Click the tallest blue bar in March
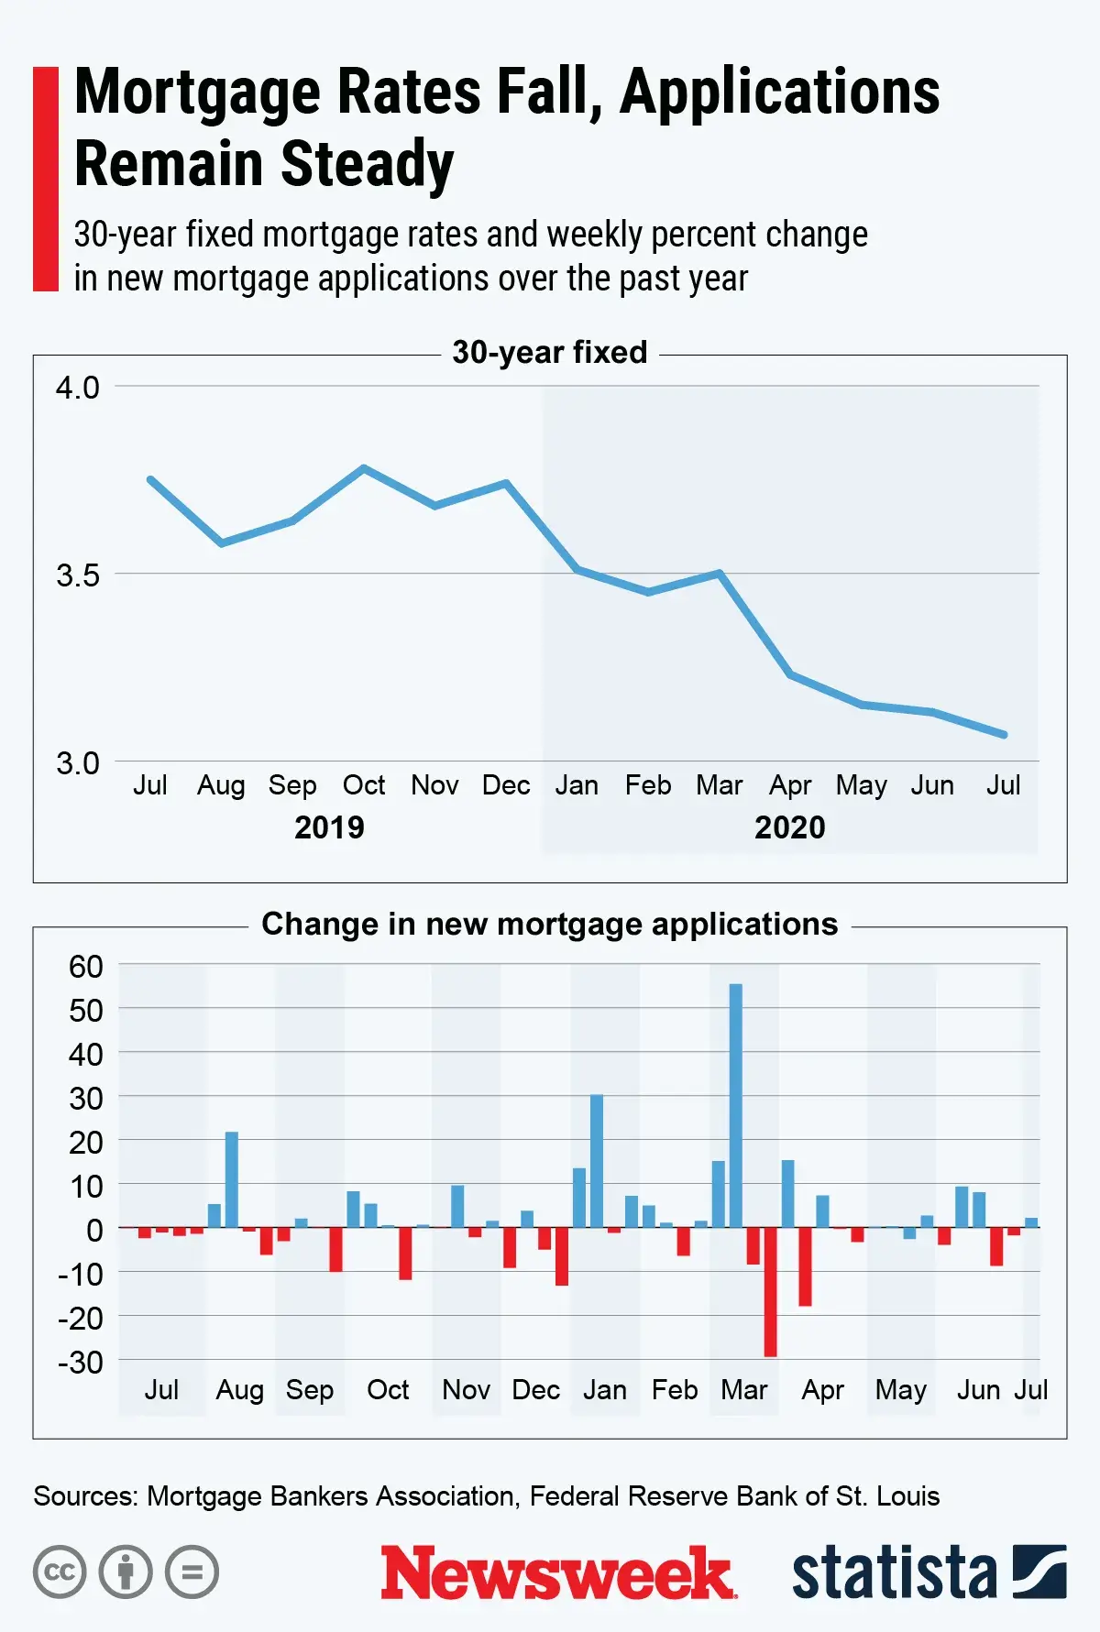(x=735, y=1104)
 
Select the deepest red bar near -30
(x=770, y=1292)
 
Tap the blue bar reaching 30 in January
(x=597, y=1161)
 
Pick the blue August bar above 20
(x=232, y=1179)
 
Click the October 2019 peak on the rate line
(x=364, y=468)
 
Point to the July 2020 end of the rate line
(x=1005, y=735)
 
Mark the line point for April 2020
(x=790, y=675)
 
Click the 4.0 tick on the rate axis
(x=78, y=388)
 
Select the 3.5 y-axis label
(x=78, y=575)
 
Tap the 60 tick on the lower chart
(x=86, y=967)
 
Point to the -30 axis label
(x=81, y=1363)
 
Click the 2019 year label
(x=329, y=827)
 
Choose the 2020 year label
(x=789, y=827)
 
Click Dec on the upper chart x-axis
(x=506, y=785)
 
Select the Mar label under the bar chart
(x=743, y=1390)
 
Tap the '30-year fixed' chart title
(x=550, y=353)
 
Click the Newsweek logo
(x=557, y=1572)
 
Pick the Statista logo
(x=929, y=1572)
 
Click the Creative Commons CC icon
(x=60, y=1572)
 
